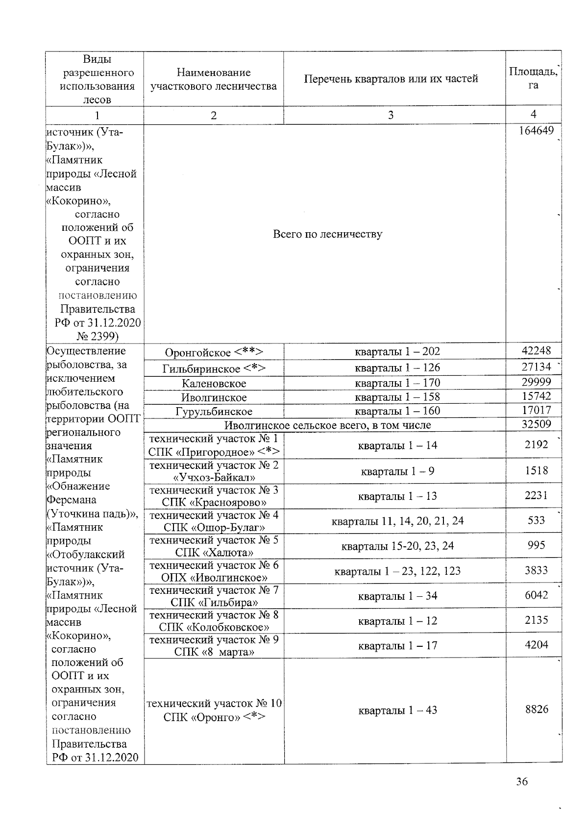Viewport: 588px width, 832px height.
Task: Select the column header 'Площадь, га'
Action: (533, 78)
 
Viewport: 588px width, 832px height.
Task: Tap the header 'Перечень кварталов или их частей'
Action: (391, 79)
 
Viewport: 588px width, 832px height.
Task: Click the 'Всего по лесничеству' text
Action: (327, 234)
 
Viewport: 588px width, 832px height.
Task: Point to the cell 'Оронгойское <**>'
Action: (214, 352)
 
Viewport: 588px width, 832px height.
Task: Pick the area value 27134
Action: (536, 367)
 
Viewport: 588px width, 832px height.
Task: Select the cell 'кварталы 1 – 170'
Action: (397, 383)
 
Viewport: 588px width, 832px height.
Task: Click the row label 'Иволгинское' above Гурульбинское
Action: (214, 397)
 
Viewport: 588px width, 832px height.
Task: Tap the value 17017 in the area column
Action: (536, 410)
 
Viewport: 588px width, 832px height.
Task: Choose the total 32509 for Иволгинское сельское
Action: (536, 424)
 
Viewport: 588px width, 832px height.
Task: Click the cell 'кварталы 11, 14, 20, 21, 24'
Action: (397, 521)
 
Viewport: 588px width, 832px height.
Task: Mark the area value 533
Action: (536, 520)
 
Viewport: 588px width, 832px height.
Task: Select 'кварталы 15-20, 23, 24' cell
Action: (397, 546)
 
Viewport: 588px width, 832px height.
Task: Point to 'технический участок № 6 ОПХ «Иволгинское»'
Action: (214, 571)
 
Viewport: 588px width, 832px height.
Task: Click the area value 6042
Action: (536, 595)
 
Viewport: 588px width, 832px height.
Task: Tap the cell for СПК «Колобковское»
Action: (214, 621)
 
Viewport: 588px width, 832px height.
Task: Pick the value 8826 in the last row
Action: (536, 709)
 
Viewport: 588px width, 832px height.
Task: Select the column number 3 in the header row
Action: (391, 115)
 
